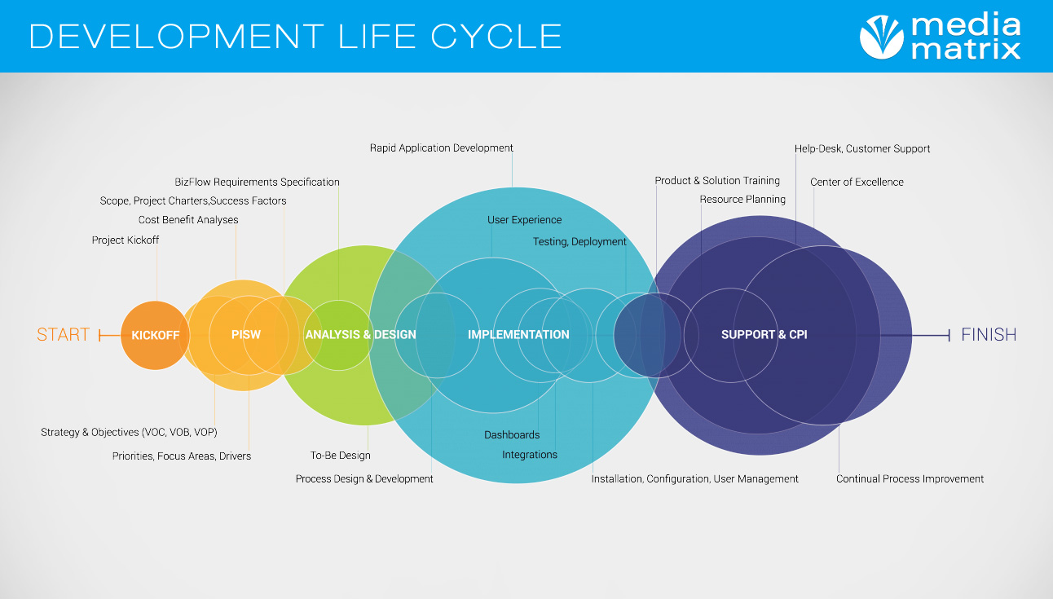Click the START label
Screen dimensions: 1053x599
pos(63,334)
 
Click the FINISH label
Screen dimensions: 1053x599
pos(989,334)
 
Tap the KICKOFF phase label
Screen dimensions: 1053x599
pos(155,335)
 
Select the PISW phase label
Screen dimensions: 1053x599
pos(246,334)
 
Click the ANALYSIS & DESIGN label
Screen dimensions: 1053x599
pos(360,334)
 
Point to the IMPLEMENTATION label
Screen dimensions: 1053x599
pos(518,334)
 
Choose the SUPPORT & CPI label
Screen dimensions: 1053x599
pos(764,334)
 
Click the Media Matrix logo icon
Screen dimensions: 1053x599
pos(881,37)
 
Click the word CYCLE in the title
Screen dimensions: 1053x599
pos(496,37)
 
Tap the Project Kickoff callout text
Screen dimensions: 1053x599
pos(126,240)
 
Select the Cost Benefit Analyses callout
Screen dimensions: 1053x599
pos(188,219)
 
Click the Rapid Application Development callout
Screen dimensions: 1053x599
pos(442,148)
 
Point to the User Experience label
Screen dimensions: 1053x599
pos(524,219)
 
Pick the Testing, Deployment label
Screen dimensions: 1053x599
pos(579,242)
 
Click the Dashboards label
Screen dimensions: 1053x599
pos(512,435)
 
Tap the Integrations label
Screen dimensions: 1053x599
pos(529,455)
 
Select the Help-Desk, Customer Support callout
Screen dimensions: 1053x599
pos(862,149)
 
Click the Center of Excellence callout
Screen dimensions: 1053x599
pos(857,182)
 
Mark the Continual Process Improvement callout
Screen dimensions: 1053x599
pos(910,479)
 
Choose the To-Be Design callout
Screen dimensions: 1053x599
pos(341,456)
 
